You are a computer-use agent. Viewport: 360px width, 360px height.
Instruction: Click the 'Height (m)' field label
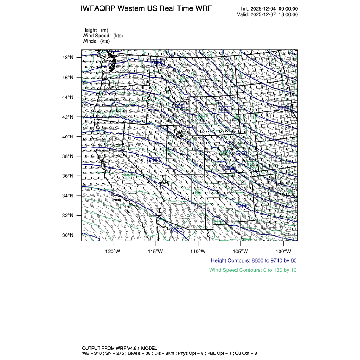(x=95, y=30)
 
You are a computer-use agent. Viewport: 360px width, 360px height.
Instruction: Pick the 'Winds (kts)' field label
(x=96, y=41)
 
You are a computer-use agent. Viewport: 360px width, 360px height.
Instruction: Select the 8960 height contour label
(x=283, y=108)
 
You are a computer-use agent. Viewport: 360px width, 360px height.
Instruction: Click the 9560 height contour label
(x=176, y=230)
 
